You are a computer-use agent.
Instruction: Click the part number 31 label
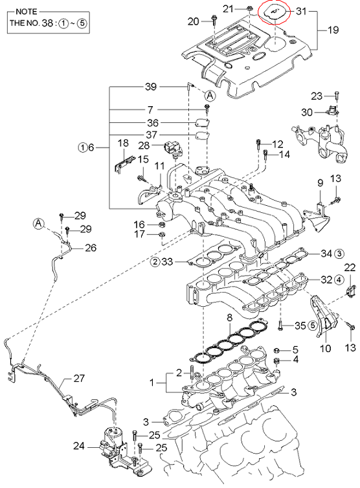pos(301,11)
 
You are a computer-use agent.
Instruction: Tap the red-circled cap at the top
pos(274,12)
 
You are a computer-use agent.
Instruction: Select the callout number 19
pos(333,30)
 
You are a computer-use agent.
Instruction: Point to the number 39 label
pos(151,87)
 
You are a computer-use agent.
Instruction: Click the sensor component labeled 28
pos(173,148)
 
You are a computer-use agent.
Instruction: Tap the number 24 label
pos(79,446)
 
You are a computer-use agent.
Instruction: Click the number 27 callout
pos(79,378)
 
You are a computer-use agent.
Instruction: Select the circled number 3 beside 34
pos(340,253)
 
